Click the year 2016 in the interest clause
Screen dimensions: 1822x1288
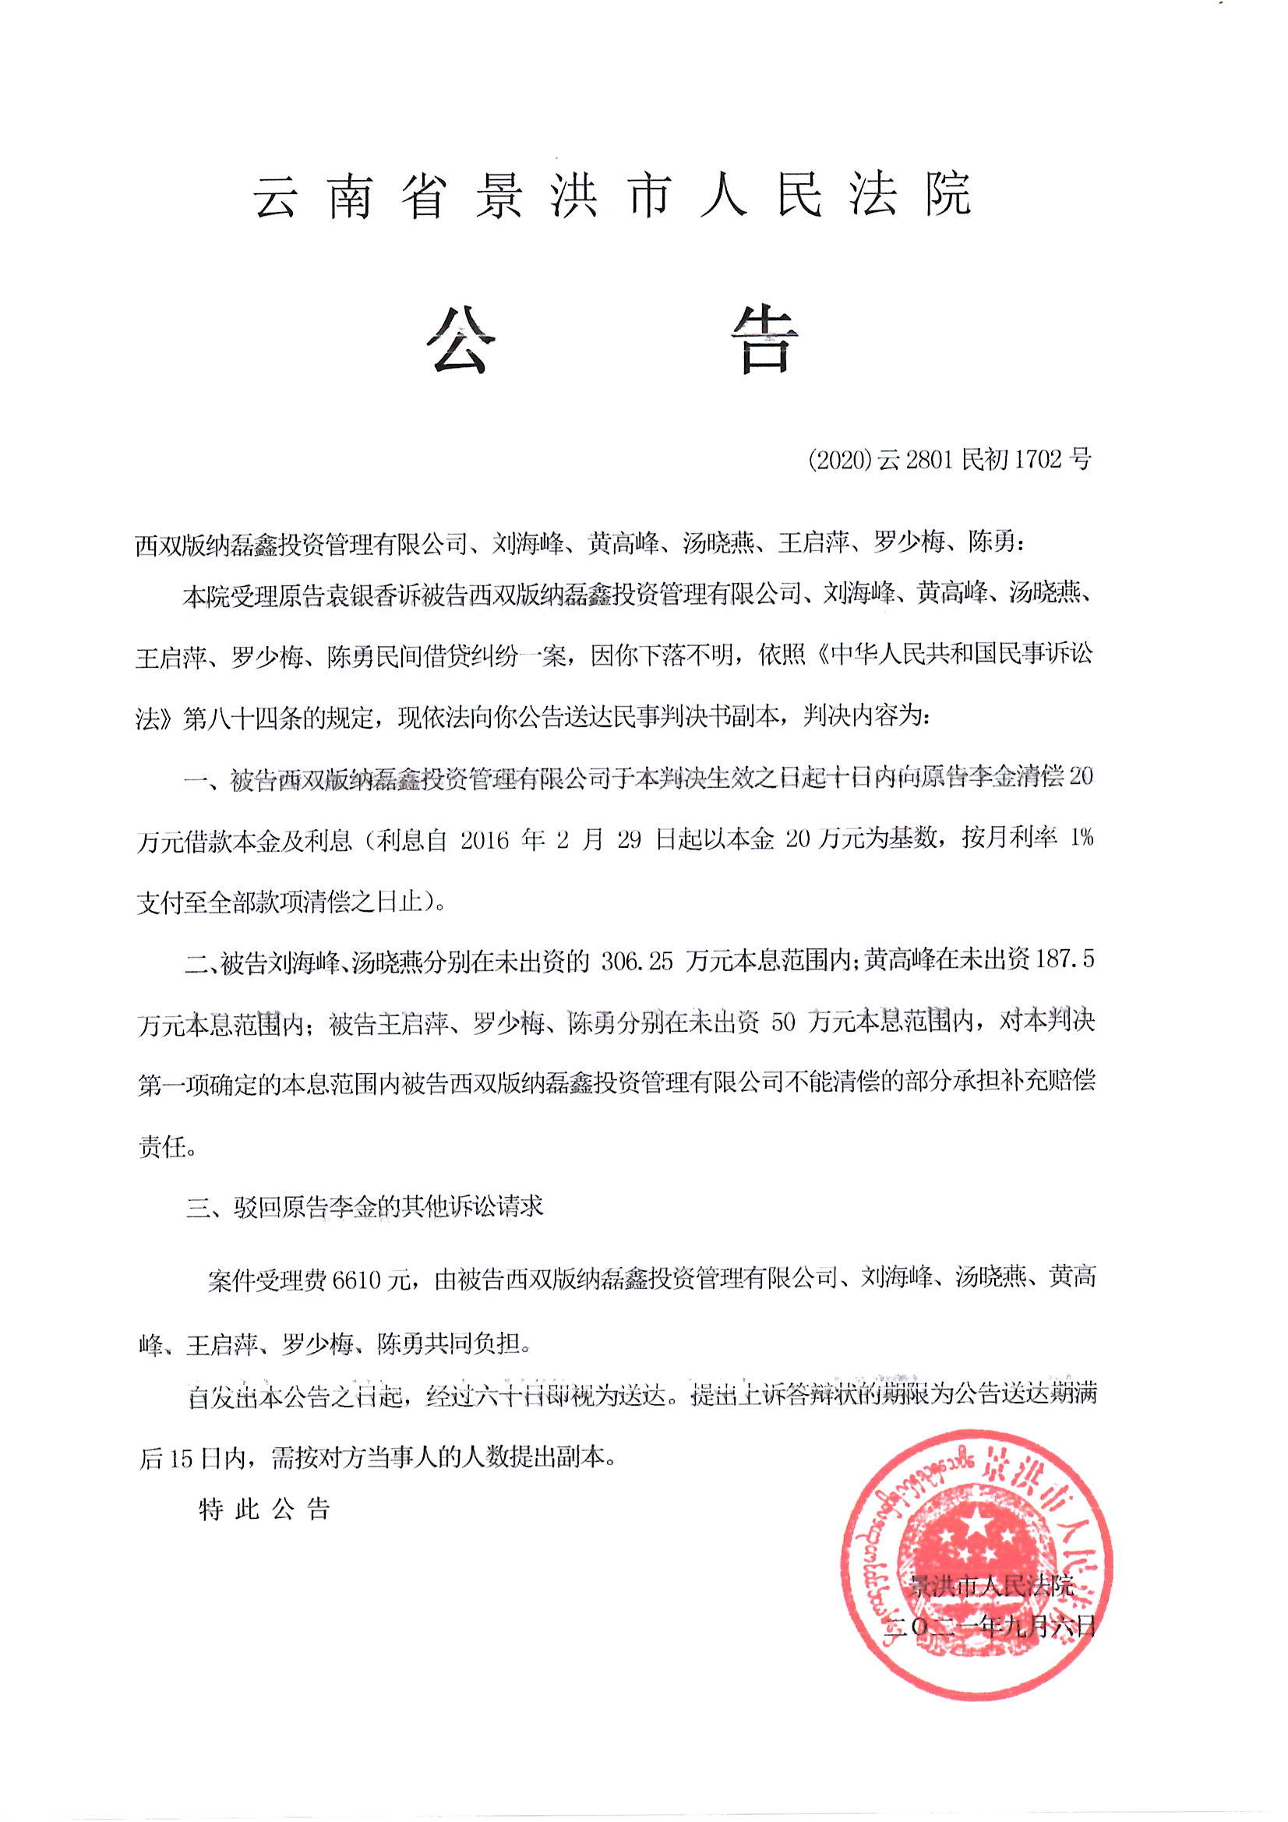(x=484, y=840)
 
